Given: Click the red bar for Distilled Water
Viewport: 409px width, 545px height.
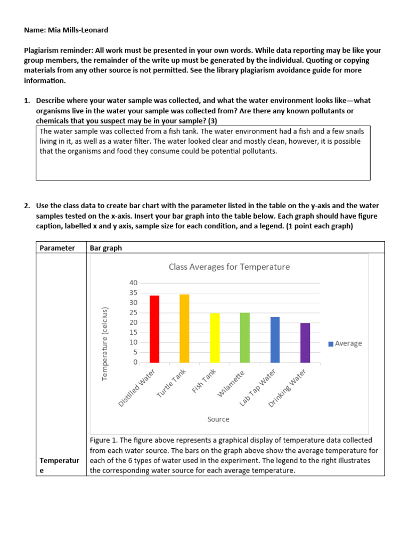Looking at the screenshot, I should (154, 329).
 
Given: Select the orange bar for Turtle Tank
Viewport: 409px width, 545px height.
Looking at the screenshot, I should (184, 328).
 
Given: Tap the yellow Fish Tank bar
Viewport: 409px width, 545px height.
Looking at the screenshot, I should (215, 337).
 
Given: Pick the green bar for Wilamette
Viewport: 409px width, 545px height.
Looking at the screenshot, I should (244, 337).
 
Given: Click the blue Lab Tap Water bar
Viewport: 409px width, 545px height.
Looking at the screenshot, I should (275, 340).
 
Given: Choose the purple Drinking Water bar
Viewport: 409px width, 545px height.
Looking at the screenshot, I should (305, 342).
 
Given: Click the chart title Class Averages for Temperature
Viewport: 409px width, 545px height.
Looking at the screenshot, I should (229, 267).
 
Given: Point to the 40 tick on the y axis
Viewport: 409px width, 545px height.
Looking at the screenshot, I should (133, 283).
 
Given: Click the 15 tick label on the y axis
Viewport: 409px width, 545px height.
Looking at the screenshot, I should (133, 332).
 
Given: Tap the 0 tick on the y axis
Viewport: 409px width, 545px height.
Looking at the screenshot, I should (135, 362).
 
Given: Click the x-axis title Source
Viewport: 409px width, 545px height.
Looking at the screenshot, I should (218, 419).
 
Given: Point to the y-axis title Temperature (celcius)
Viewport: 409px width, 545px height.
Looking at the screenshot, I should (105, 343).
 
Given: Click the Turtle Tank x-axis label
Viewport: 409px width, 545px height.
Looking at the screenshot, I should (171, 384).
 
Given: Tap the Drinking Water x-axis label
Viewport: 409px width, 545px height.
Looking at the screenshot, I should (288, 388).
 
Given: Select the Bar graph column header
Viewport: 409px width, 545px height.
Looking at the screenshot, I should (106, 247).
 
